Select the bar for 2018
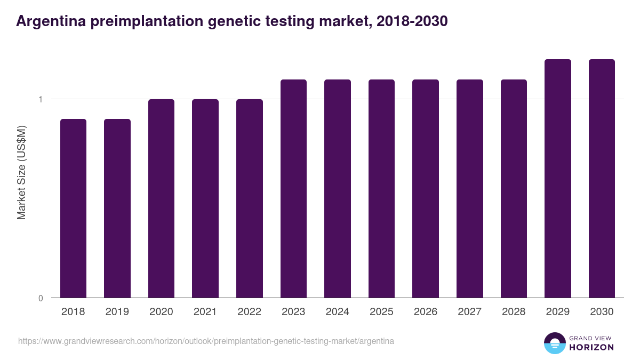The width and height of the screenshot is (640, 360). click(73, 208)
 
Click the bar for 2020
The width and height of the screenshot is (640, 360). click(161, 198)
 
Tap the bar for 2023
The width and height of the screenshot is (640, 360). click(293, 188)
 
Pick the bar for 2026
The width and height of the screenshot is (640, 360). click(426, 188)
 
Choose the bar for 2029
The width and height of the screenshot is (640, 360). click(558, 178)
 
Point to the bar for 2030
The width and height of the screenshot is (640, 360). click(602, 178)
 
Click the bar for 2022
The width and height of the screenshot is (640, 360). click(250, 198)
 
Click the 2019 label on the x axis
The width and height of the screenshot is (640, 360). click(117, 312)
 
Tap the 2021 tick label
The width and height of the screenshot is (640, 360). click(205, 312)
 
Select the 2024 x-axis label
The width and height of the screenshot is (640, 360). click(337, 312)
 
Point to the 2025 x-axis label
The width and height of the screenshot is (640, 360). click(381, 312)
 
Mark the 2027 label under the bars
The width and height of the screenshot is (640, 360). click(469, 312)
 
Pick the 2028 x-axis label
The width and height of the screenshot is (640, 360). click(514, 312)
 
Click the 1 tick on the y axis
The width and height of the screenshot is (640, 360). click(41, 99)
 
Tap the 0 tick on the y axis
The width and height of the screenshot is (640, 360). click(41, 298)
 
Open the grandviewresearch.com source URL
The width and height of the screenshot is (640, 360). click(206, 341)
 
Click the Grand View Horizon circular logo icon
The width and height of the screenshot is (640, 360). click(555, 343)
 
